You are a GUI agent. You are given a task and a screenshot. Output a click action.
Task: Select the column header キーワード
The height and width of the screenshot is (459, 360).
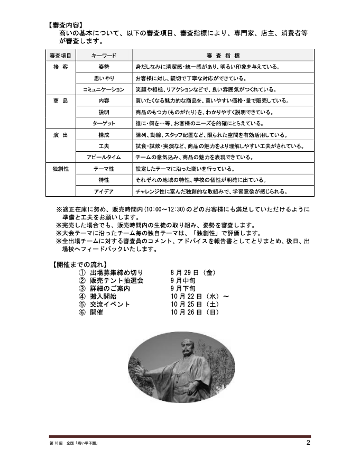click(104, 56)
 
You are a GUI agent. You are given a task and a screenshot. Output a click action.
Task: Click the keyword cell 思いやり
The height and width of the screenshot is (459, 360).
click(104, 78)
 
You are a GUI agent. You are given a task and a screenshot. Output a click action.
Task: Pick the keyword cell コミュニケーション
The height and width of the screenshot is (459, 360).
click(104, 89)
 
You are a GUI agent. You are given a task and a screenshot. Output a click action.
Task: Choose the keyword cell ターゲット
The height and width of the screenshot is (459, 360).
click(104, 123)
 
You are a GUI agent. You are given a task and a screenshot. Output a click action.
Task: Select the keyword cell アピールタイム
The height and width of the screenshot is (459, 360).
click(104, 157)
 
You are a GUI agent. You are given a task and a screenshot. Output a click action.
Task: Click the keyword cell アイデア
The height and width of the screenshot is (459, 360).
click(104, 191)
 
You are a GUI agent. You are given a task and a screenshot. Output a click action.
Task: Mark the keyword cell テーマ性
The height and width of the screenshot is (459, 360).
click(104, 169)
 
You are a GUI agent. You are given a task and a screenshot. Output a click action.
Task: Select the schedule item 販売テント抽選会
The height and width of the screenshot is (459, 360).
click(116, 281)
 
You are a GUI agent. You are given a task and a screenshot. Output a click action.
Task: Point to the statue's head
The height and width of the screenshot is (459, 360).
click(188, 348)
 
